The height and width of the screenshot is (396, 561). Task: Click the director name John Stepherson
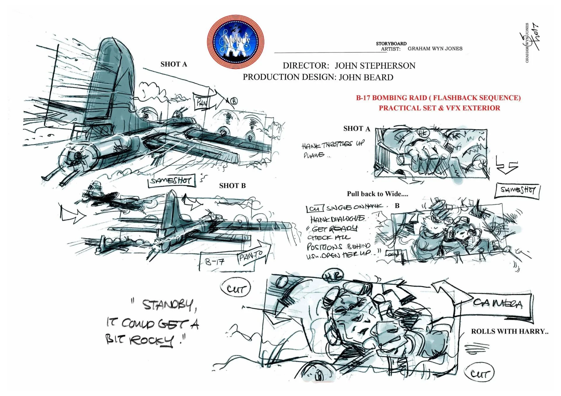375,66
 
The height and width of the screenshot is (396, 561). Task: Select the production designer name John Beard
366,77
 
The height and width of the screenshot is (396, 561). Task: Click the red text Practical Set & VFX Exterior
439,108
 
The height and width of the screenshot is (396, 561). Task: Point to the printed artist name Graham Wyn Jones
435,49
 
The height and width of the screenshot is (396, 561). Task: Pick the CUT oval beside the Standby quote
235,289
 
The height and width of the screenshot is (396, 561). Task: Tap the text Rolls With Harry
509,331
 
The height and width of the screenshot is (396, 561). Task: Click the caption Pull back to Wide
377,194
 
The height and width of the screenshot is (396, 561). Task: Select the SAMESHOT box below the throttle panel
517,191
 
